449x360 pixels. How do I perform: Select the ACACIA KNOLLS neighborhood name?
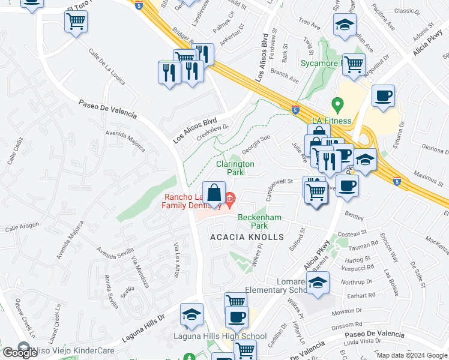point(246,237)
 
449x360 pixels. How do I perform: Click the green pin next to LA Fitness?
point(337,107)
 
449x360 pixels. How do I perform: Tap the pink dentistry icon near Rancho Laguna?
point(229,197)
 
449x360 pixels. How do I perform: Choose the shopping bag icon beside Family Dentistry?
point(214,193)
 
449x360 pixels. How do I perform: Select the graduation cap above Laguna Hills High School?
point(192,314)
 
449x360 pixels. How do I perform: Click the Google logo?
point(20,353)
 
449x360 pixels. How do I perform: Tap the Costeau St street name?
point(352,232)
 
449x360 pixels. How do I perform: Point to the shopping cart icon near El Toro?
point(76,22)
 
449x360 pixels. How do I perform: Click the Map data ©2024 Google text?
point(412,355)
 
